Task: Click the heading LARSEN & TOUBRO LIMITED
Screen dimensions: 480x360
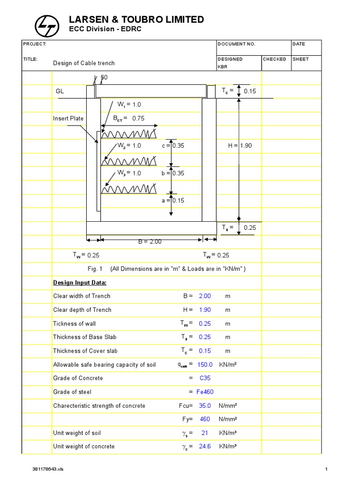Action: pyautogui.click(x=136, y=19)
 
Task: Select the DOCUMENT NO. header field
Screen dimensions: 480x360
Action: pyautogui.click(x=237, y=44)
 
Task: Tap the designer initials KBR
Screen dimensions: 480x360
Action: pyautogui.click(x=222, y=67)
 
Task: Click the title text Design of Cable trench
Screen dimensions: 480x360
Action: pyautogui.click(x=83, y=63)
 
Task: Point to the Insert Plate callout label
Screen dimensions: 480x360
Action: pyautogui.click(x=68, y=119)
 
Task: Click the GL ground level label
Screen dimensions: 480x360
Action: pyautogui.click(x=60, y=91)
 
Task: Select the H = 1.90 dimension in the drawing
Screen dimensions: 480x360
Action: pyautogui.click(x=240, y=146)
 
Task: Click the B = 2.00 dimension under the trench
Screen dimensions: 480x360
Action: pyautogui.click(x=150, y=241)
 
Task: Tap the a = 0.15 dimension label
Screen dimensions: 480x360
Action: pyautogui.click(x=173, y=201)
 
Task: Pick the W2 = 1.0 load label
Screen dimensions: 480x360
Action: pyautogui.click(x=129, y=146)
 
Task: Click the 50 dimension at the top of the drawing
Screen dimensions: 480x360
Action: pyautogui.click(x=104, y=77)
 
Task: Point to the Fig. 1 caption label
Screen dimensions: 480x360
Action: pyautogui.click(x=94, y=269)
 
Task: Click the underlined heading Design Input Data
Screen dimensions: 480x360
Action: pyautogui.click(x=80, y=283)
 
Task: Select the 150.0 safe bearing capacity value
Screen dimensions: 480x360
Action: pyautogui.click(x=205, y=364)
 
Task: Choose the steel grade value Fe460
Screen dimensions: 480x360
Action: pyautogui.click(x=205, y=392)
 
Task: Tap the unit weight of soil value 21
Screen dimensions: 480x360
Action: pyautogui.click(x=205, y=433)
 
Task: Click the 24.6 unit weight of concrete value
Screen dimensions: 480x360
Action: pyautogui.click(x=205, y=446)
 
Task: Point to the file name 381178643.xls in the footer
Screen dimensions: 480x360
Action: pyautogui.click(x=47, y=469)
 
